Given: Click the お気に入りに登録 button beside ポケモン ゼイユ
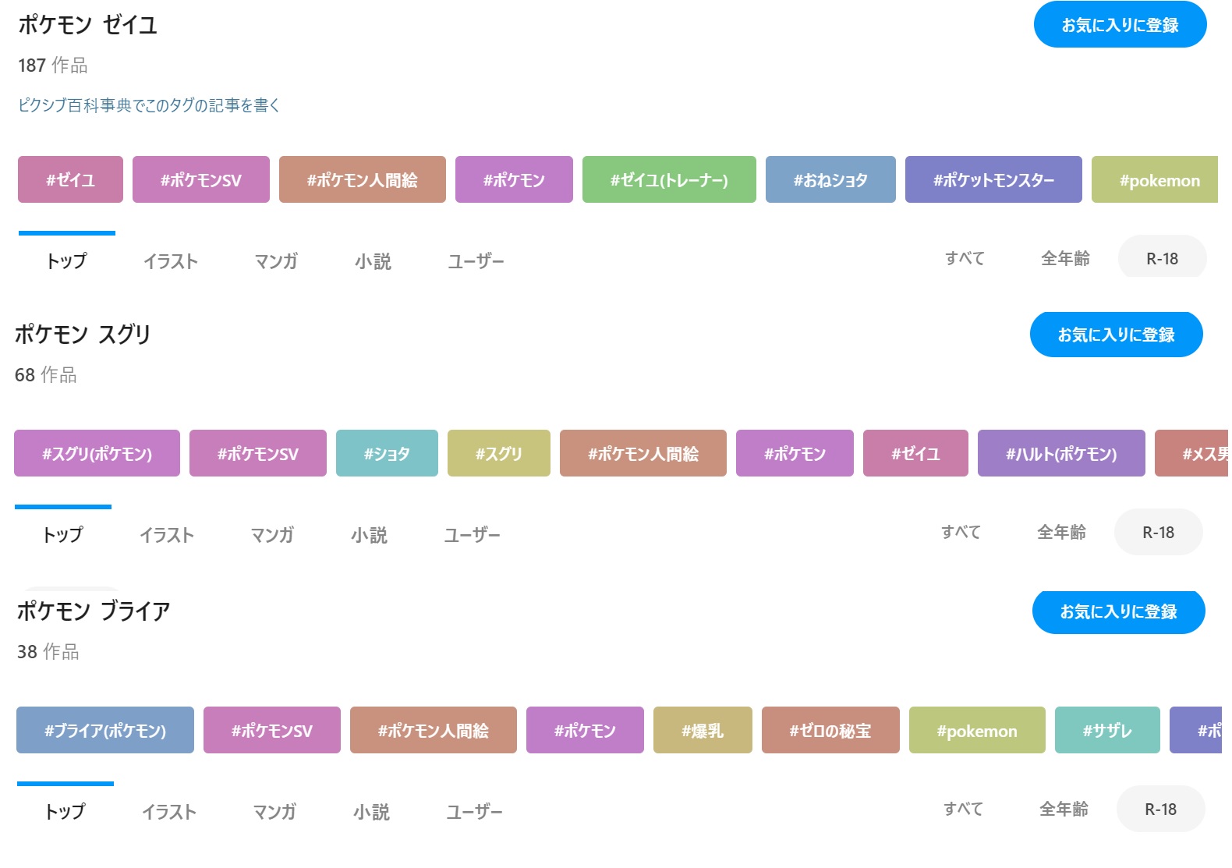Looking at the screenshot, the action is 1120,24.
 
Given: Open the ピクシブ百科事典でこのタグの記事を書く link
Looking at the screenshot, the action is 149,105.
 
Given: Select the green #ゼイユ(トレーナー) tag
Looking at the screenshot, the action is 669,179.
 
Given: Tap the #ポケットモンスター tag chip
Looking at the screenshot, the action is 993,179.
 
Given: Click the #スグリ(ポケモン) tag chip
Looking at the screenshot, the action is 97,453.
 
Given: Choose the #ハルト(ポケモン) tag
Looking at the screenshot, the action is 1061,453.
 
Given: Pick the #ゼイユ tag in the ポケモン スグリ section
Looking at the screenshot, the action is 915,453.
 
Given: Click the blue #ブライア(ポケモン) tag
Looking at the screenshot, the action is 105,730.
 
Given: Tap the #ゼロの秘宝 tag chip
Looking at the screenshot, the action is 830,730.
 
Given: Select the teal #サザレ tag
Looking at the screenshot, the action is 1107,730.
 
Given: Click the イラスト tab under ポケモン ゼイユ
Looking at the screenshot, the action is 171,260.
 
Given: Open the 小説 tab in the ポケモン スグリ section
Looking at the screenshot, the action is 369,535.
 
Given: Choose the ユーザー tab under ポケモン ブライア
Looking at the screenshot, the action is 474,811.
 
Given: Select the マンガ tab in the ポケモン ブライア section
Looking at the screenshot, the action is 274,811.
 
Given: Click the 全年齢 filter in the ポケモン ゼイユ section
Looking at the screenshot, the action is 1065,258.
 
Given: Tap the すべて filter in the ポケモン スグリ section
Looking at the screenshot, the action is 961,532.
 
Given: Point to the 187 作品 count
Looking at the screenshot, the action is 53,65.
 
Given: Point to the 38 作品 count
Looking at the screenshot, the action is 48,651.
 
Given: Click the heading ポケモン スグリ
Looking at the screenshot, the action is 83,334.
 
